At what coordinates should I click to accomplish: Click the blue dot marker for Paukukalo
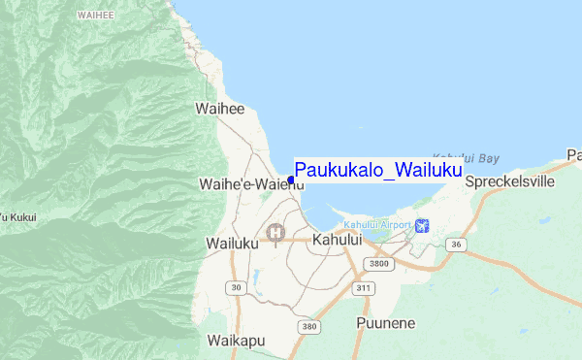[x=291, y=180]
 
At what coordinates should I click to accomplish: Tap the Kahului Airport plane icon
[x=421, y=226]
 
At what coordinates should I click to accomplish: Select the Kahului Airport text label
[x=376, y=225]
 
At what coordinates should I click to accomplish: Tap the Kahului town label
[x=338, y=240]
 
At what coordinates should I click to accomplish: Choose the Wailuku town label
[x=233, y=244]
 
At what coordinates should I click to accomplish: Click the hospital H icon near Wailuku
[x=276, y=232]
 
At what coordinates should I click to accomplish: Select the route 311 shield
[x=365, y=288]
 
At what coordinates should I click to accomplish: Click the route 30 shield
[x=234, y=286]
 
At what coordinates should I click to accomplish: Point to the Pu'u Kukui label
[x=17, y=216]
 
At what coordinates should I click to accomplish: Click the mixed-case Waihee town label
[x=219, y=110]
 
